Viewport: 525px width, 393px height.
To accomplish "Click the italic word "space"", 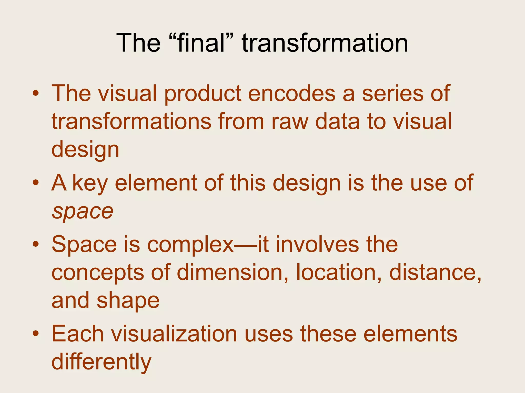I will [x=83, y=212].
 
